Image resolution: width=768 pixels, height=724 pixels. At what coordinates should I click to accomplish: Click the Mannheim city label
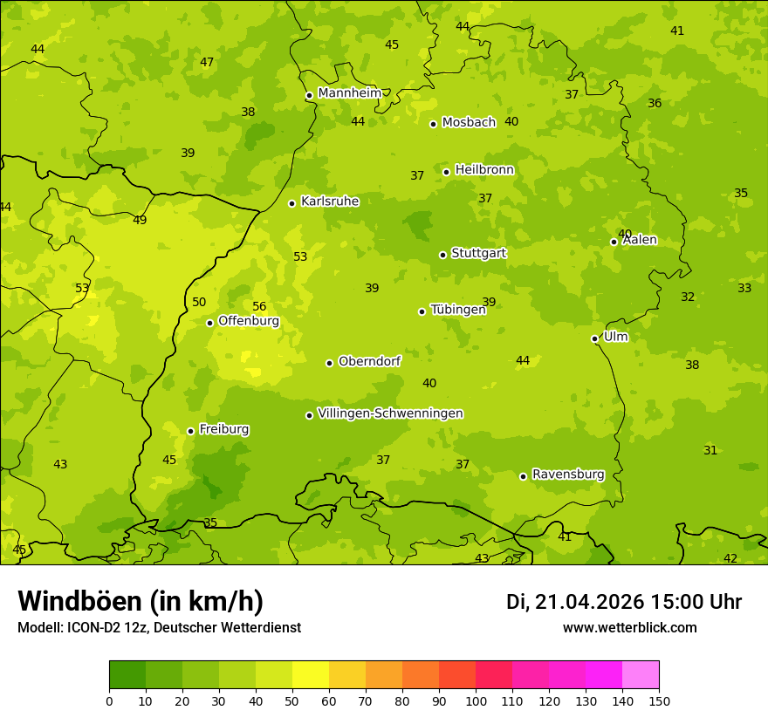(349, 92)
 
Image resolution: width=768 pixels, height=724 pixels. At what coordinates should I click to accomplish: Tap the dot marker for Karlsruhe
(291, 203)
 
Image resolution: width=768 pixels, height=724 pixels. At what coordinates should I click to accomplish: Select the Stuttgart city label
(478, 253)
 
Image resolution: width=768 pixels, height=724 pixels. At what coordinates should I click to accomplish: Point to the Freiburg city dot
(190, 431)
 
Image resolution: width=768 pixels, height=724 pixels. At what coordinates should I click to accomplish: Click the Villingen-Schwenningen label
(390, 413)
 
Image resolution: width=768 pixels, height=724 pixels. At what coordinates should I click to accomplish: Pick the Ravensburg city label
(568, 475)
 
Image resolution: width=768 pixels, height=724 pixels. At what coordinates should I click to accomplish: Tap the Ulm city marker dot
(594, 338)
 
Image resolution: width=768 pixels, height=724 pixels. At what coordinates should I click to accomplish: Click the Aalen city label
(640, 240)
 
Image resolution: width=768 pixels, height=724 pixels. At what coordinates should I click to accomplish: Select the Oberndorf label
(369, 361)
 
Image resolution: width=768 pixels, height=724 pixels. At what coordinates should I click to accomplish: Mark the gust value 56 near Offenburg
(259, 306)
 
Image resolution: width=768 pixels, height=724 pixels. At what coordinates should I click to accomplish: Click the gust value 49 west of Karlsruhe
(140, 220)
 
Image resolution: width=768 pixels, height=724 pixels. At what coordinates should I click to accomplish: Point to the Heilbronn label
(484, 169)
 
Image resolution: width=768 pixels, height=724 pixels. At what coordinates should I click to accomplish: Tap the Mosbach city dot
(433, 124)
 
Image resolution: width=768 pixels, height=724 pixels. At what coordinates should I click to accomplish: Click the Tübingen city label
(458, 310)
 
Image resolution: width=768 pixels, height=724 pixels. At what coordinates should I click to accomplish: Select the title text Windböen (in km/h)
(141, 601)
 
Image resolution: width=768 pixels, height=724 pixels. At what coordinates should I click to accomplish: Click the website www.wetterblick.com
(629, 627)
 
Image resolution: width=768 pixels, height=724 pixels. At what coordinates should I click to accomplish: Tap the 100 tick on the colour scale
(476, 700)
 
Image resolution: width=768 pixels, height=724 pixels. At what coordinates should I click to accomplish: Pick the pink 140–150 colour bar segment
(641, 674)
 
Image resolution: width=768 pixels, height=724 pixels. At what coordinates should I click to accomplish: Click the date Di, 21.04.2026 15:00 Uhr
(624, 602)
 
